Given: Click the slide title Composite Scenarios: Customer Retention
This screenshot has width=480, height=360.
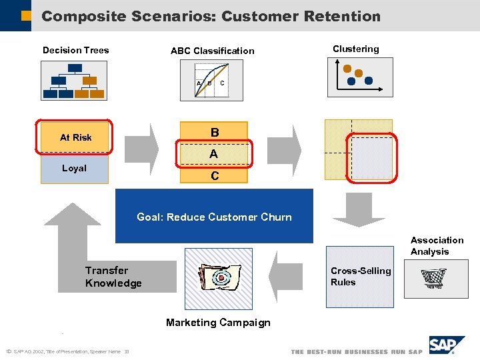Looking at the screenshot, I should coord(211,16).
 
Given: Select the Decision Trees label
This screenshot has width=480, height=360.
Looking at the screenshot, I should coord(75,50).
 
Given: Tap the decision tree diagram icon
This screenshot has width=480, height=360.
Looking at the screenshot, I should coord(73,81).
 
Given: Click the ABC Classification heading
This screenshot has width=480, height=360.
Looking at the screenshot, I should coord(212,51).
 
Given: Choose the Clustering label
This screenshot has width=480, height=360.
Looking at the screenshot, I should coord(355,49).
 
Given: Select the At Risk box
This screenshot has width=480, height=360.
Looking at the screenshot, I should coord(75,137).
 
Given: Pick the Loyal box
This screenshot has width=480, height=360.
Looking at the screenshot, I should coord(74,169).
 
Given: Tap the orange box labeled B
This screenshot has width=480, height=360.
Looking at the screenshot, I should coord(213,133).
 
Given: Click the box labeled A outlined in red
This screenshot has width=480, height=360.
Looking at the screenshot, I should coord(213,154).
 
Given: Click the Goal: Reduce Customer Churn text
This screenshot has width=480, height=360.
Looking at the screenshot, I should coord(214,217).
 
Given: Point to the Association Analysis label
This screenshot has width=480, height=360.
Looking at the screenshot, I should coord(437,245).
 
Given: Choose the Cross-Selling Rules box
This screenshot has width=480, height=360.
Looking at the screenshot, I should coord(360,277).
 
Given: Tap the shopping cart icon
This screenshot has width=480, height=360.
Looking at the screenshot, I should coord(434,279).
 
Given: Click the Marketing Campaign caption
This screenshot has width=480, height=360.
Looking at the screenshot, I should coord(218,323).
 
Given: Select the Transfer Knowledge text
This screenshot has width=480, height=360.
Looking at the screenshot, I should coord(113,277).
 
